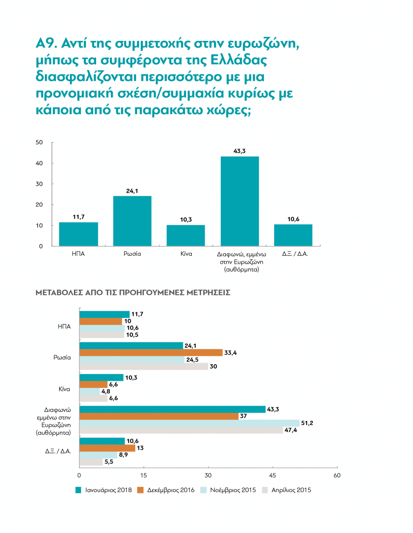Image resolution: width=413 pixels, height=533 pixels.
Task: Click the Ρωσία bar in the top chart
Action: pos(132,221)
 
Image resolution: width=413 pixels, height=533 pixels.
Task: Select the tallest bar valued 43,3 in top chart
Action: pos(240,201)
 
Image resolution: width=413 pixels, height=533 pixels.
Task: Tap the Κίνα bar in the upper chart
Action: pos(186,235)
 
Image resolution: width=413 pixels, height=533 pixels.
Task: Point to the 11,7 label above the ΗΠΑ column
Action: pos(78,217)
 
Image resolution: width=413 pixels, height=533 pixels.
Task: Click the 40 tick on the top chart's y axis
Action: pos(39,163)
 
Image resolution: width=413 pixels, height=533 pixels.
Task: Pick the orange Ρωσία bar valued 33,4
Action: pos(150,353)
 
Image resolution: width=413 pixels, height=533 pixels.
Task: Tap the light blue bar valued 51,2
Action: pos(190,423)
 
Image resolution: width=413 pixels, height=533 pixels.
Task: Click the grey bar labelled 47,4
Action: pos(181,430)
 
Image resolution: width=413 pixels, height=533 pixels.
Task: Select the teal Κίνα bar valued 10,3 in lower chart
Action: pos(101,378)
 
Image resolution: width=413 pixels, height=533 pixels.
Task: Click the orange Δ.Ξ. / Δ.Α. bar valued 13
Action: pos(107,448)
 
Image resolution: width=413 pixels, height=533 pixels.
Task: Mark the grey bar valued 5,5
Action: pos(91,462)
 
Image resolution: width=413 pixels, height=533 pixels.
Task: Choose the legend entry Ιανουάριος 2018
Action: pos(103,490)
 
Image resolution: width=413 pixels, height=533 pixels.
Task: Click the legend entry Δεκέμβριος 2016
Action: pos(166,490)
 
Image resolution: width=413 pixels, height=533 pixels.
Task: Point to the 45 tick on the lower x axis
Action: pos(272,475)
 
